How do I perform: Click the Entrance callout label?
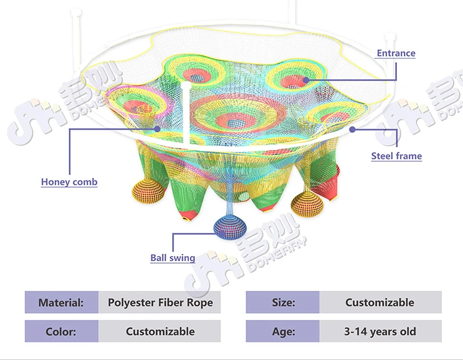[396, 53]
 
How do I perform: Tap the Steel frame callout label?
[396, 156]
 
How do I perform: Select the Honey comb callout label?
[69, 182]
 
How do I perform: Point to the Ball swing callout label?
[173, 258]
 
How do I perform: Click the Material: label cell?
[61, 303]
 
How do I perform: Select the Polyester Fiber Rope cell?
[160, 303]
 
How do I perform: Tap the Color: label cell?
[61, 332]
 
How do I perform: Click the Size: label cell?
[283, 303]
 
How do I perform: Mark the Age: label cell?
[283, 332]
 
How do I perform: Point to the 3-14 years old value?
[380, 332]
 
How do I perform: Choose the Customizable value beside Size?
[380, 303]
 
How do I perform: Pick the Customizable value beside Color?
[160, 332]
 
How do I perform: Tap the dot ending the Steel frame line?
[352, 129]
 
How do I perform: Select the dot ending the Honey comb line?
[159, 128]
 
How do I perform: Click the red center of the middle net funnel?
[236, 122]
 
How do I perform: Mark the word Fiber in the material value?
[173, 303]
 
